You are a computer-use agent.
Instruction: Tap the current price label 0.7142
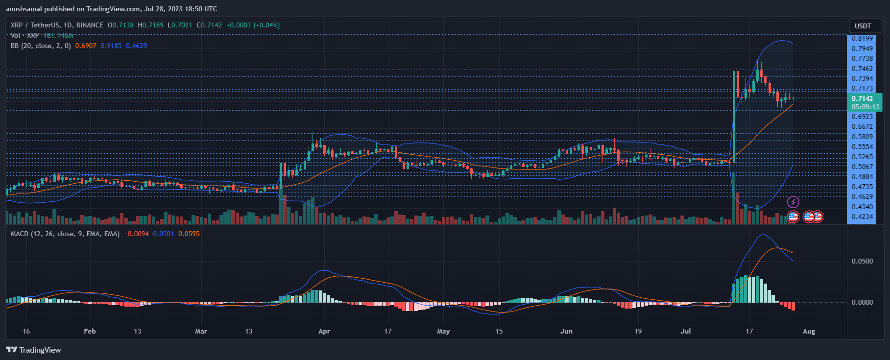pyautogui.click(x=862, y=98)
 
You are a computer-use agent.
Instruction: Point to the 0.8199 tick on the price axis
pyautogui.click(x=862, y=38)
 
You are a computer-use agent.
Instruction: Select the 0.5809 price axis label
pyautogui.click(x=862, y=137)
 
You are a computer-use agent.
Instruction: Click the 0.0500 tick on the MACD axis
pyautogui.click(x=862, y=261)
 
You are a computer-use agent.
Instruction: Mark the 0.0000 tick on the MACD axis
pyautogui.click(x=862, y=302)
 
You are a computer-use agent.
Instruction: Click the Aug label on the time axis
pyautogui.click(x=809, y=331)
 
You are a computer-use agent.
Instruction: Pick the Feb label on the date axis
pyautogui.click(x=90, y=331)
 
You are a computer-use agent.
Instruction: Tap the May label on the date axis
pyautogui.click(x=443, y=331)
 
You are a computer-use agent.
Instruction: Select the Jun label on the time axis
pyautogui.click(x=566, y=331)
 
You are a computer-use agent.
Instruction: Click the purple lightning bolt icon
pyautogui.click(x=793, y=202)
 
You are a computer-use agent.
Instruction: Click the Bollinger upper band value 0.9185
pyautogui.click(x=111, y=46)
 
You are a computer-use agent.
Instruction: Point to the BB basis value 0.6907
pyautogui.click(x=86, y=46)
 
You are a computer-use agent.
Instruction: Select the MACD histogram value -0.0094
pyautogui.click(x=136, y=234)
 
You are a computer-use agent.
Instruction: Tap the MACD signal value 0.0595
pyautogui.click(x=189, y=234)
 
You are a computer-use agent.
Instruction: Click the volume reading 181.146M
pyautogui.click(x=58, y=35)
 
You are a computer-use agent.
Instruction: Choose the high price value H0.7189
pyautogui.click(x=151, y=25)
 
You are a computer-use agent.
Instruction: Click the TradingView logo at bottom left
pyautogui.click(x=33, y=350)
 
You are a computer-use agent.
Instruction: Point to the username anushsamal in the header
pyautogui.click(x=24, y=9)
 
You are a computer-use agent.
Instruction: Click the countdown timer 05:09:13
pyautogui.click(x=865, y=107)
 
